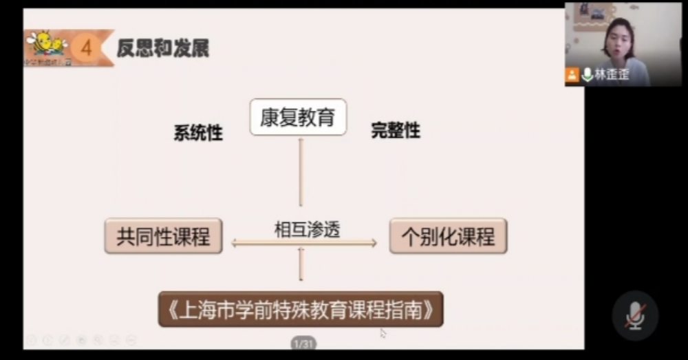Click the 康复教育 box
pos(297,117)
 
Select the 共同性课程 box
pos(163,236)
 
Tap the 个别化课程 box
pos(448,236)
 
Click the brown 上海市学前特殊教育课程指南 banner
pos(301,309)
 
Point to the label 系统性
pos(198,133)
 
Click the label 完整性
pos(396,130)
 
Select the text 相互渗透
pos(308,229)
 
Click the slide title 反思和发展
pos(163,48)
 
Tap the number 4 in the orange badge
pos(86,47)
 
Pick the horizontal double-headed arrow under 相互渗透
pos(304,243)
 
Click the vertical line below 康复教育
pos(301,172)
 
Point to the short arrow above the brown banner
pos(301,265)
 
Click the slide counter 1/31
pos(303,343)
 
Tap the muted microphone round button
pos(634,315)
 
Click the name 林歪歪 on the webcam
pos(612,75)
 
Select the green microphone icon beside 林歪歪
pos(587,74)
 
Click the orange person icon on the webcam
pos(572,75)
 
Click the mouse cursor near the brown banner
pos(383,333)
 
